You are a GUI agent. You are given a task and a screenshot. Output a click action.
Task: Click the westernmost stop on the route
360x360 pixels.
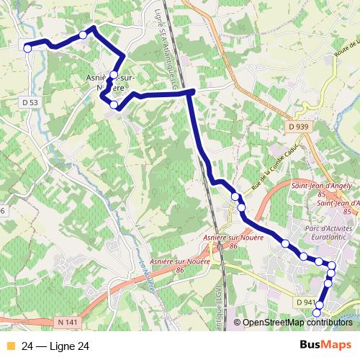tap(27, 48)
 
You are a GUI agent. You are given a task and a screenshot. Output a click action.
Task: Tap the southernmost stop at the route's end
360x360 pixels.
tap(318, 313)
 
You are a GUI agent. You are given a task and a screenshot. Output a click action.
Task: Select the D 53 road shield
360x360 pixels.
tap(30, 103)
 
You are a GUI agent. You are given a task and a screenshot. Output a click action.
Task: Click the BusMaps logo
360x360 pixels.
tap(324, 346)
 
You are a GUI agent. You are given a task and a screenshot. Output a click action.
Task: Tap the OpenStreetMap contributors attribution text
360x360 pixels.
tap(297, 323)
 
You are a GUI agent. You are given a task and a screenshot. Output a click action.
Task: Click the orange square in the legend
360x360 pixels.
tap(9, 346)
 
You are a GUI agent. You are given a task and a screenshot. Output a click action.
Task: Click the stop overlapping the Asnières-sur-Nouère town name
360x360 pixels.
tap(114, 74)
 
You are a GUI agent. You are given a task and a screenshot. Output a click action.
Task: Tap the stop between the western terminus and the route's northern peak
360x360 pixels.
tap(84, 35)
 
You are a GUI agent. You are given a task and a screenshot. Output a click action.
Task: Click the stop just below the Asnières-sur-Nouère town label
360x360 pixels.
tap(114, 105)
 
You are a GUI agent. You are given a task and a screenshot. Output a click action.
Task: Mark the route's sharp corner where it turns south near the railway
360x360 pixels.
tap(191, 91)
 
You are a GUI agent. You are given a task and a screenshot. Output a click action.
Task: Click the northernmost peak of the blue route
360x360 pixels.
tap(94, 28)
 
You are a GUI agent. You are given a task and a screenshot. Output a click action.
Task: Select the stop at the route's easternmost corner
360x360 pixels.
tap(332, 266)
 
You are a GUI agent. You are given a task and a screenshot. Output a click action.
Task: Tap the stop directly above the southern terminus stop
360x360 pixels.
tap(327, 283)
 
